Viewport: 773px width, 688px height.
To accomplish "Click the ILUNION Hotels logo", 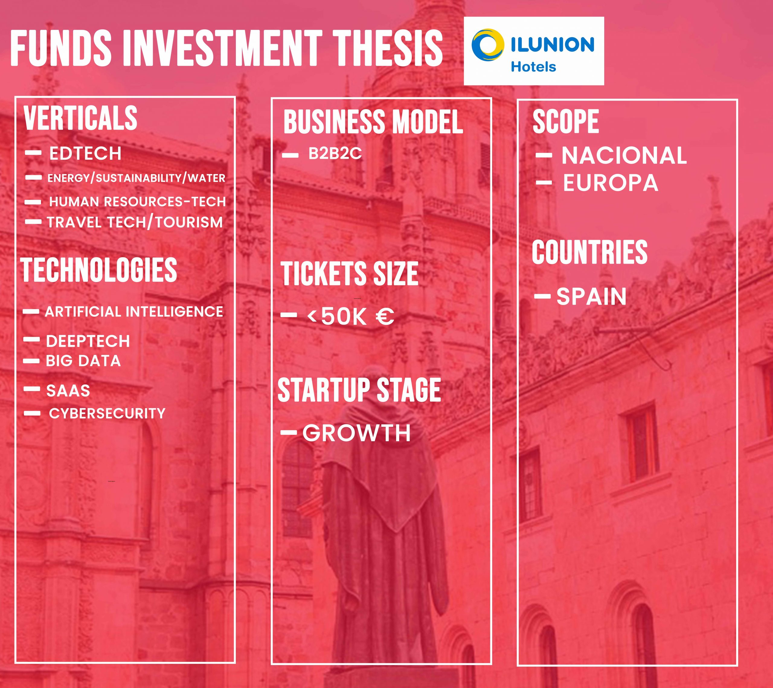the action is click(534, 51).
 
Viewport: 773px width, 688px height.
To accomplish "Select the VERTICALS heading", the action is click(80, 118).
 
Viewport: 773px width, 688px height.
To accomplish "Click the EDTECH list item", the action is click(85, 153).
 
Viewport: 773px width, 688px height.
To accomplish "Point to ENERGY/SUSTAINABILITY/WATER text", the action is click(136, 178).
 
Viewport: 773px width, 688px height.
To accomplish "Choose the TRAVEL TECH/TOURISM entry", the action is click(135, 222).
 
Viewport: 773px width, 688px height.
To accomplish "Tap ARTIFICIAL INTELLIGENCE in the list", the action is click(134, 312).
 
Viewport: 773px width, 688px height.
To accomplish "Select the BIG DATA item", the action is click(83, 361).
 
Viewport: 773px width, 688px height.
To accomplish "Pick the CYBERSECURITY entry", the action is click(107, 413).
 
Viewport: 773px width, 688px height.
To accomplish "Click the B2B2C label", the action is click(335, 153).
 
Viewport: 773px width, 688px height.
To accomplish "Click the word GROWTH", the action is click(357, 433).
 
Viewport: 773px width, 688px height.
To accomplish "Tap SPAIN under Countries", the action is click(592, 296).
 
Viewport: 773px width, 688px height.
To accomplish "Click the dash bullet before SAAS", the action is click(32, 389).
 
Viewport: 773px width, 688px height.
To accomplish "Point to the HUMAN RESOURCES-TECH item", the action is click(137, 201).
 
